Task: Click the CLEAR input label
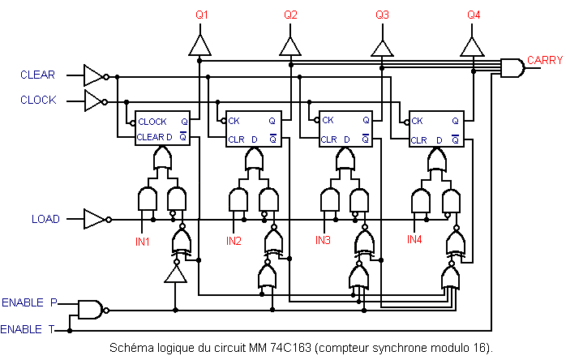click(37, 75)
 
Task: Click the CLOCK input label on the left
click(38, 101)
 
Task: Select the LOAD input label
click(45, 220)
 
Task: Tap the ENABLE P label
click(29, 302)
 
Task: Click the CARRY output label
click(545, 60)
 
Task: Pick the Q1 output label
click(202, 15)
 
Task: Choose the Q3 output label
click(383, 15)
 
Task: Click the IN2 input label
click(234, 241)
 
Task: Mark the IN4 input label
click(414, 239)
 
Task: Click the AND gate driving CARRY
click(512, 68)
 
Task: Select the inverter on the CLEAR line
click(94, 76)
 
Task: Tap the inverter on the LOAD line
click(94, 220)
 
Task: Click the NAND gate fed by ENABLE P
click(90, 309)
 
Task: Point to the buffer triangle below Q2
click(290, 45)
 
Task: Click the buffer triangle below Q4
click(473, 45)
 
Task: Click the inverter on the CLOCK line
click(94, 101)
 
